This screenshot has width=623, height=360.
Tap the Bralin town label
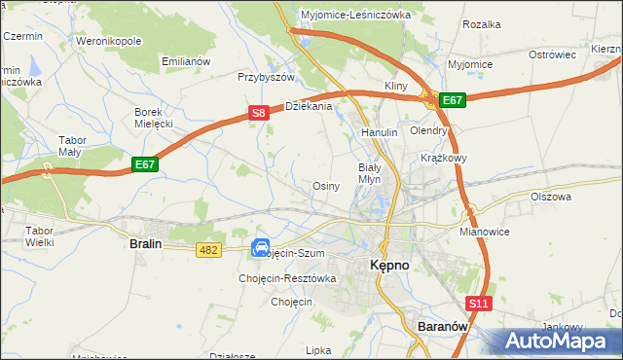(145, 245)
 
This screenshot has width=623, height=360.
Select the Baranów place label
(443, 327)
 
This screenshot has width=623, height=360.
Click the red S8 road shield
(258, 114)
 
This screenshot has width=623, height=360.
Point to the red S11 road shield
(478, 305)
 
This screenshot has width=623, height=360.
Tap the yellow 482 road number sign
(209, 250)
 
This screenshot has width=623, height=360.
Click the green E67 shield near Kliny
(453, 99)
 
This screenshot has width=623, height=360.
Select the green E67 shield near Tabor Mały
(145, 164)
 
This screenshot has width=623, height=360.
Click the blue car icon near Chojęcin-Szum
(261, 248)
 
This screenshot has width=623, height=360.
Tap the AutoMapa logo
(560, 342)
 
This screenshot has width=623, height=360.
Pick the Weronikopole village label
(109, 42)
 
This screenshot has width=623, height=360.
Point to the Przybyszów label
(266, 76)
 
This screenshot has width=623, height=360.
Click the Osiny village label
(325, 186)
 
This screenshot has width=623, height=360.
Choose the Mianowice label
(485, 234)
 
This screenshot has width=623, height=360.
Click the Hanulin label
(380, 131)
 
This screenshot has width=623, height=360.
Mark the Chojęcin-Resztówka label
(287, 278)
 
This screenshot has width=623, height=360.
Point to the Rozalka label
(482, 23)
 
